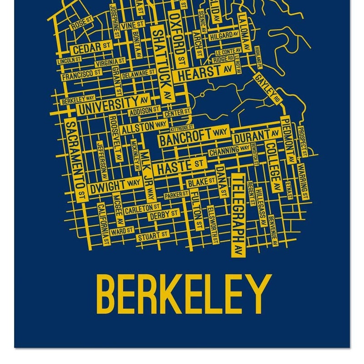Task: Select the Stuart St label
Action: point(153,235)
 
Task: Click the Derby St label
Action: point(164,214)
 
